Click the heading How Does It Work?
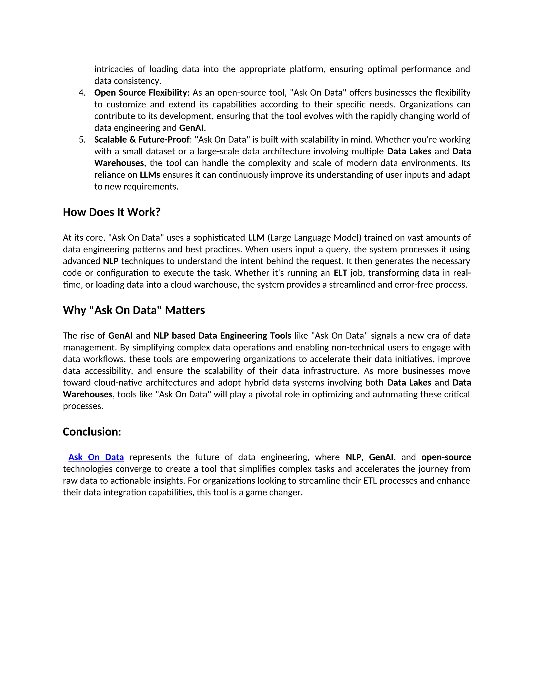tap(112, 212)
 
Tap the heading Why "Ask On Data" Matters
tap(134, 310)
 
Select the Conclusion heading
tap(90, 432)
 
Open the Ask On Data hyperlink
tap(96, 457)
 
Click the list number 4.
tap(82, 93)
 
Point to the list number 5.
tap(82, 140)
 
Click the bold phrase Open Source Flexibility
tap(141, 93)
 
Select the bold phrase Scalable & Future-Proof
tap(142, 140)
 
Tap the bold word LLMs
tap(150, 175)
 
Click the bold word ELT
tap(340, 273)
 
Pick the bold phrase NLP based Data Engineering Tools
tap(222, 336)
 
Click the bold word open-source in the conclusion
tap(446, 457)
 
